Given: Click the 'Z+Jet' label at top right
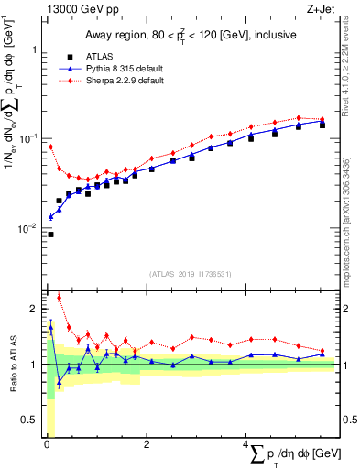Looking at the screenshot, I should (x=321, y=9).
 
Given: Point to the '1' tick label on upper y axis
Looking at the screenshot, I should (x=32, y=50).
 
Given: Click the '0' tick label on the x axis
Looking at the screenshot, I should (x=46, y=445).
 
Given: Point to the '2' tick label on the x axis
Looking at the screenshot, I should (x=147, y=445).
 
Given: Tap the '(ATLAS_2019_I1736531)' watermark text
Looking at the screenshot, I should (x=191, y=274).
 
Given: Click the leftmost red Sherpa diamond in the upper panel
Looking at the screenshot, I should (x=51, y=147).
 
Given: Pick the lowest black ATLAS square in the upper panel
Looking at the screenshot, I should (x=51, y=234).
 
